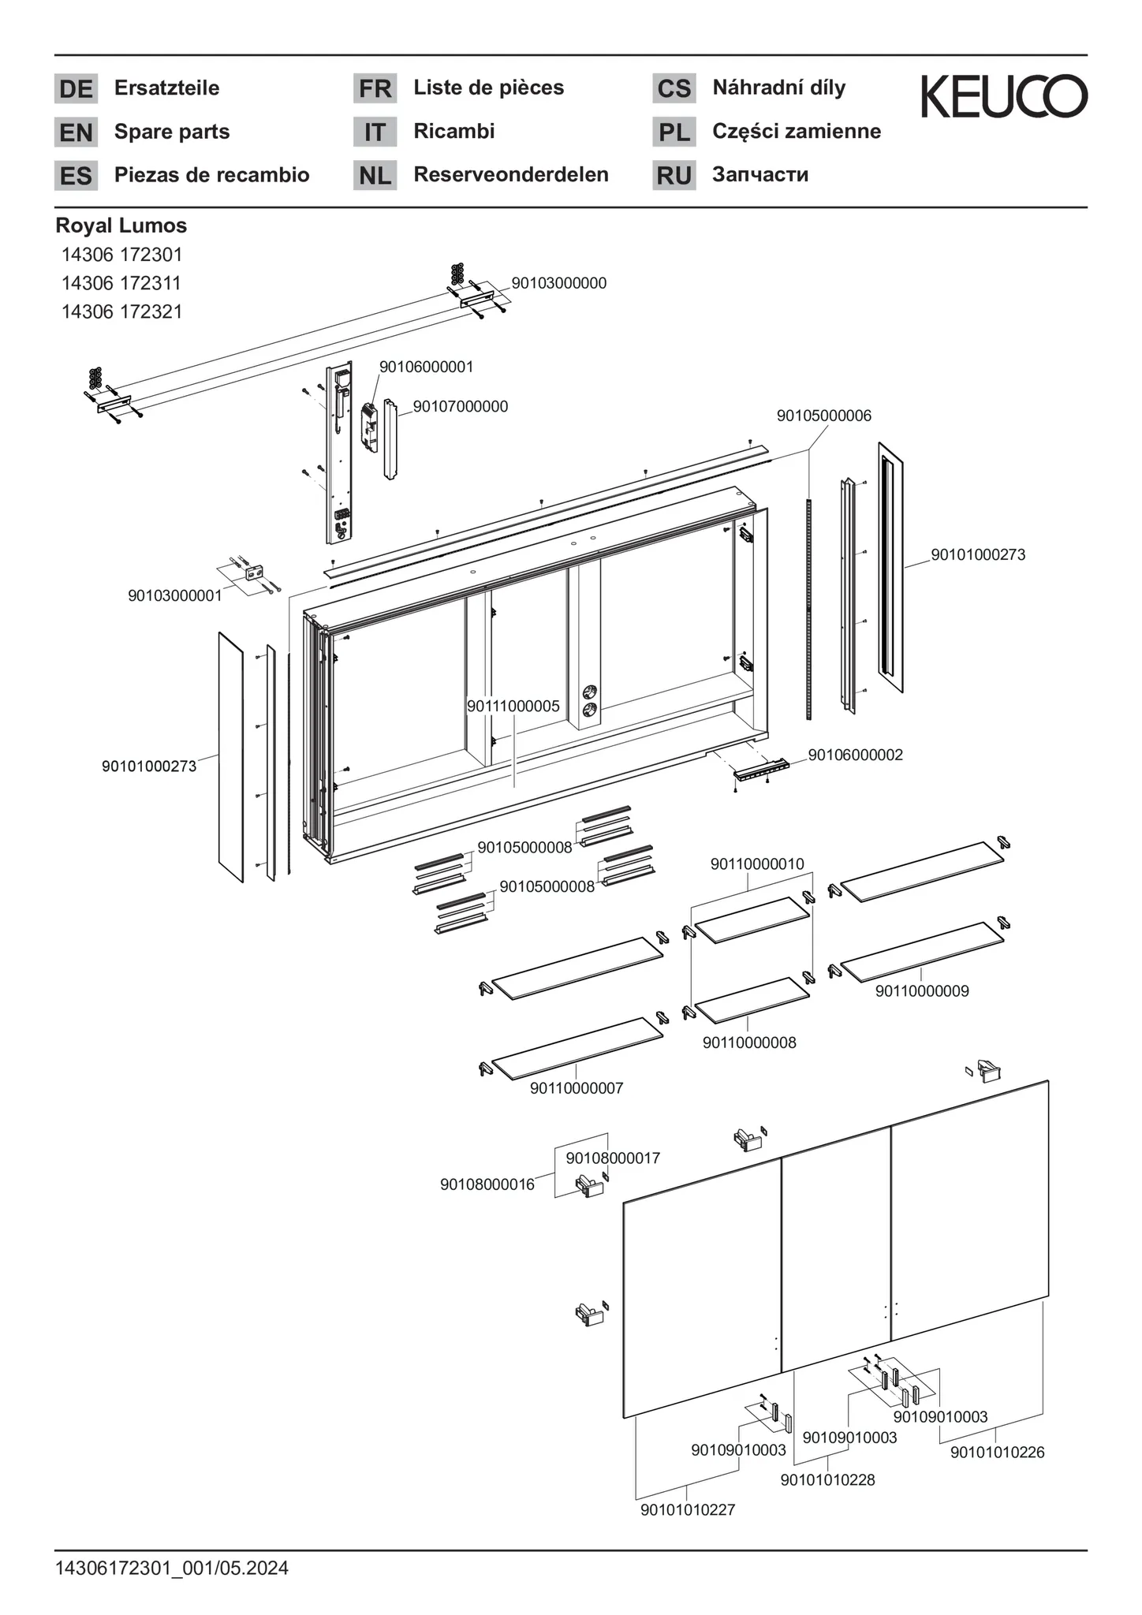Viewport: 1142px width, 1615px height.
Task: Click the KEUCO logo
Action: [x=1004, y=97]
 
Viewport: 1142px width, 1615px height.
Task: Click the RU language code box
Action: [x=674, y=175]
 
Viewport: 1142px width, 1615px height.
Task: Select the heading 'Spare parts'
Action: [x=172, y=132]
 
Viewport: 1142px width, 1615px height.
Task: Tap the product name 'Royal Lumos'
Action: [x=121, y=226]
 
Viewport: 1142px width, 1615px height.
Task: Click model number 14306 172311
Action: [x=121, y=283]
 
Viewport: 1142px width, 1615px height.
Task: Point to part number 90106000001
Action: [x=426, y=367]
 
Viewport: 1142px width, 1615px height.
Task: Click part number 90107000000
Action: [x=461, y=407]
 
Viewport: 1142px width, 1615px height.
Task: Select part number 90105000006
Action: [x=823, y=416]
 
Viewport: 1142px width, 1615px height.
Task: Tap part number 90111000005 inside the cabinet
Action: [x=513, y=707]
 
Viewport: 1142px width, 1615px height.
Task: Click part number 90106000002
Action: [x=855, y=755]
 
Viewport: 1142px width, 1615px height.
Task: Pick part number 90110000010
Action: [x=757, y=864]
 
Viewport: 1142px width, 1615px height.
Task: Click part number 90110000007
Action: [x=577, y=1088]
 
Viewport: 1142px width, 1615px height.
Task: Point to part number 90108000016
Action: [x=487, y=1184]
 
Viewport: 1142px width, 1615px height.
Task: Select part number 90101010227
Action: [x=687, y=1509]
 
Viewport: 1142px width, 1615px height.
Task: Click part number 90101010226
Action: [x=997, y=1452]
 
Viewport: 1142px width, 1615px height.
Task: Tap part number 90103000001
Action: [x=175, y=595]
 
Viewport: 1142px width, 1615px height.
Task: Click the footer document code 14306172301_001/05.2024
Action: [x=172, y=1568]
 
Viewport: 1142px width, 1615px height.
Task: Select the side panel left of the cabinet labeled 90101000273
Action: [x=231, y=757]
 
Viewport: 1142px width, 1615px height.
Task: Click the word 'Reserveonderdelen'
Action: [x=511, y=175]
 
